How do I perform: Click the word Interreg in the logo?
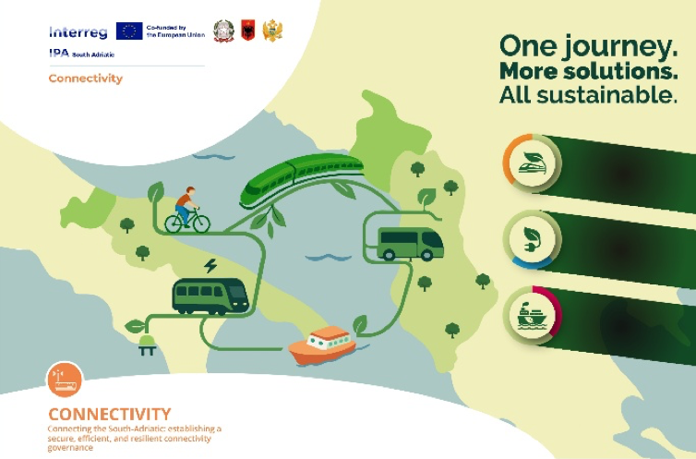pos(78,31)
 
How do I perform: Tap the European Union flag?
pos(129,30)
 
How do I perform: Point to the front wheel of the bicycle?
pos(200,223)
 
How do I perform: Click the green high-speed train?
pos(299,179)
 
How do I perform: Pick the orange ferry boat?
pos(322,345)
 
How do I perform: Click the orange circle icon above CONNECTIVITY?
pos(65,380)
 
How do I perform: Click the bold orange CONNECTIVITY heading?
pos(109,413)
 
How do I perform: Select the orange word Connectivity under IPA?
pos(85,79)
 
